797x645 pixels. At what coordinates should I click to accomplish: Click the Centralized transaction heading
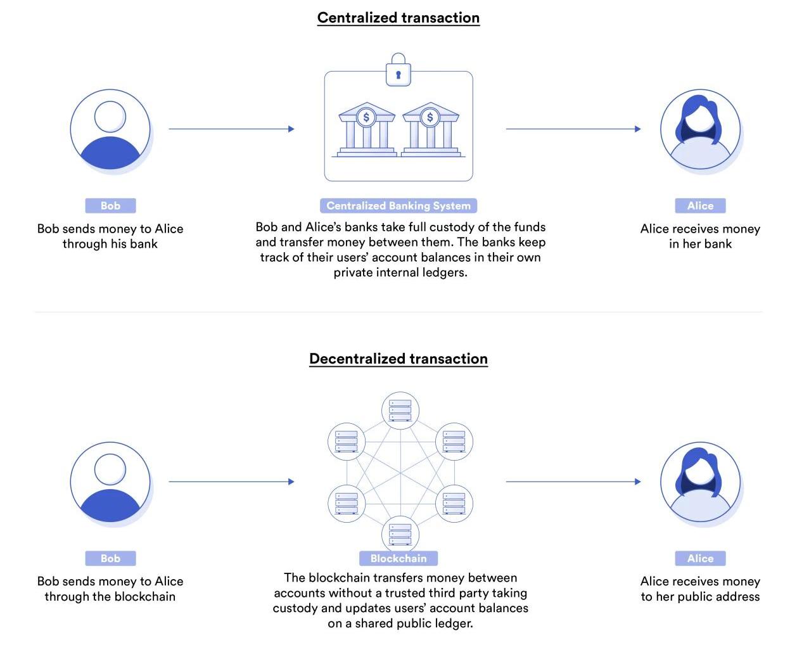click(398, 18)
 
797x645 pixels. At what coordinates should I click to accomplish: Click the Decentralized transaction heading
click(398, 359)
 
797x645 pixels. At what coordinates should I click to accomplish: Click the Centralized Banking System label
click(398, 206)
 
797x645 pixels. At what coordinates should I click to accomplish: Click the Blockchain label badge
click(398, 558)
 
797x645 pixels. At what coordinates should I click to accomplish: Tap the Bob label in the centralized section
click(110, 206)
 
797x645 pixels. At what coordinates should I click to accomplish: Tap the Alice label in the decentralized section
click(700, 558)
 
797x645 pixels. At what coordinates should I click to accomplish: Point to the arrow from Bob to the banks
click(231, 129)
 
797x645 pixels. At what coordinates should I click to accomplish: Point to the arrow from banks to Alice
click(573, 129)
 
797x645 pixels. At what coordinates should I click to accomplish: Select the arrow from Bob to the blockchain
click(231, 482)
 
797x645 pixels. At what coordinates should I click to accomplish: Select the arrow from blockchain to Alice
click(573, 482)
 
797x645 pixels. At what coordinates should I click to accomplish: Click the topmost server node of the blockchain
click(400, 410)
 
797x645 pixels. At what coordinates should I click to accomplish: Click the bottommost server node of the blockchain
click(400, 533)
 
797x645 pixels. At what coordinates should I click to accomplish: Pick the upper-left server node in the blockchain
click(347, 441)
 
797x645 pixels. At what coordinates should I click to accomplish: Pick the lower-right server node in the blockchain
click(454, 503)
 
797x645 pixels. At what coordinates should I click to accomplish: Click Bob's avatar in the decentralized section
click(110, 482)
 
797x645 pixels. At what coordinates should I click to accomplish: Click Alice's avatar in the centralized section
click(700, 129)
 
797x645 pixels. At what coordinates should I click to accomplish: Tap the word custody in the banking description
click(468, 227)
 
